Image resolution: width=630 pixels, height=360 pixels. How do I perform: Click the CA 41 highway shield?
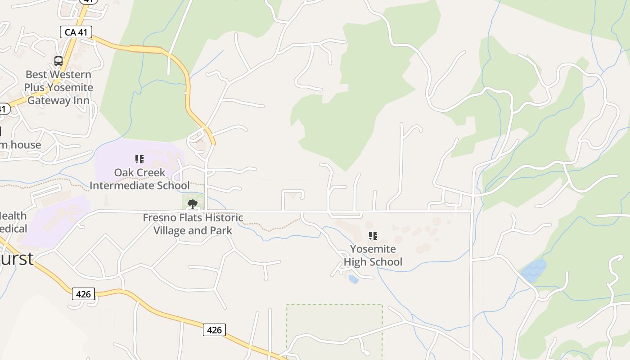point(76,32)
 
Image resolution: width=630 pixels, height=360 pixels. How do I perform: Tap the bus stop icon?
point(58,61)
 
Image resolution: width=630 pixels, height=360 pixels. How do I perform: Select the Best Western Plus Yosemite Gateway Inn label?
point(58,87)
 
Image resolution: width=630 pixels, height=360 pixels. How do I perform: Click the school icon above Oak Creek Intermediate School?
point(139,159)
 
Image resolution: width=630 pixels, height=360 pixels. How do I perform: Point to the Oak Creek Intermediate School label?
point(139,179)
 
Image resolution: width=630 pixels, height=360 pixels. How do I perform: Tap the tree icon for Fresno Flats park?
point(193,204)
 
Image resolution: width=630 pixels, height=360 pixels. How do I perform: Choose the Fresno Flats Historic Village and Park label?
point(193,224)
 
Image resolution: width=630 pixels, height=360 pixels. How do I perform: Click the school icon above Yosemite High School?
point(373,236)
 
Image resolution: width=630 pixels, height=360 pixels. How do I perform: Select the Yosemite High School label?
point(373,256)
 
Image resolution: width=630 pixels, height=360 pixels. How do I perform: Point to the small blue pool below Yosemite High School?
point(354,279)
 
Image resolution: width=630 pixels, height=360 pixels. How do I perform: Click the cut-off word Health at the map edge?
point(13,216)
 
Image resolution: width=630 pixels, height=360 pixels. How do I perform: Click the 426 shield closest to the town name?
point(83,294)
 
